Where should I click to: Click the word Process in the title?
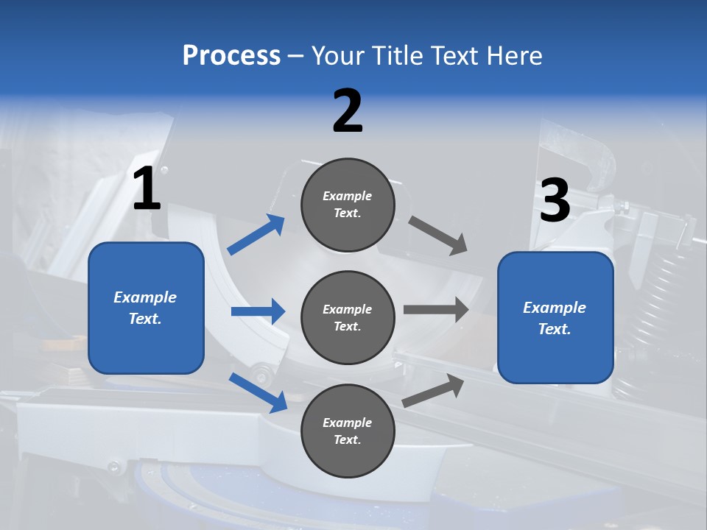(231, 56)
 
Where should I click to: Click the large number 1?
(147, 189)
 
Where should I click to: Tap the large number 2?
(348, 111)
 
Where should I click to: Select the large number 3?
(555, 201)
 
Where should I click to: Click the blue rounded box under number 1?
(146, 308)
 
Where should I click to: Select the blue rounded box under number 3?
(555, 317)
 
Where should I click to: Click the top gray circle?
(348, 205)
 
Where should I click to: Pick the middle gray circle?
(348, 317)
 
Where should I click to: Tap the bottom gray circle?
(348, 431)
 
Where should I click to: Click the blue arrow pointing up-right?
(256, 235)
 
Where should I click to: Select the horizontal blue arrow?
(258, 311)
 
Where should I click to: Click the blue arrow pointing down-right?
(258, 392)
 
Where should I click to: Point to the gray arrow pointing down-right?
(438, 236)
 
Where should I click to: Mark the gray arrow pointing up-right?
(434, 391)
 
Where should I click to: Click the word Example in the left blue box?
(145, 297)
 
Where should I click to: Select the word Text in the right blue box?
(553, 329)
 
